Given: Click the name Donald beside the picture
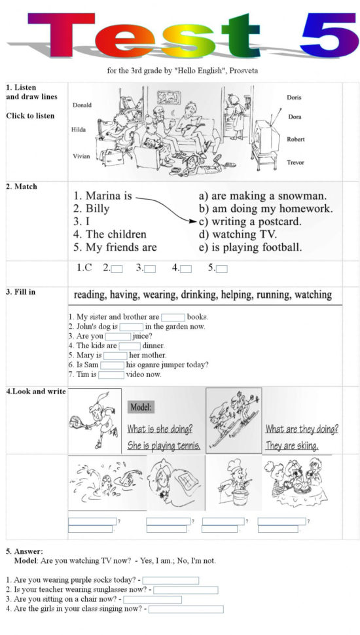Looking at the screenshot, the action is (82, 105).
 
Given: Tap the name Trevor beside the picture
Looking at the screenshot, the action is (295, 162).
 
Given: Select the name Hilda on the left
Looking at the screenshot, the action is (79, 130).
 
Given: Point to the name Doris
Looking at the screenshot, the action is (294, 98).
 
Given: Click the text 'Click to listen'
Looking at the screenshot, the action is (30, 116).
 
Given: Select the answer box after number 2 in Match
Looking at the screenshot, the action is (117, 268).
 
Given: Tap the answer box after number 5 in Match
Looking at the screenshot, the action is (221, 268).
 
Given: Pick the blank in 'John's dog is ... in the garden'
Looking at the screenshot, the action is (131, 327).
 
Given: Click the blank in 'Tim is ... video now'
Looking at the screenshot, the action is (111, 375).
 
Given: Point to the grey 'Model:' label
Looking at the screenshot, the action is (141, 407).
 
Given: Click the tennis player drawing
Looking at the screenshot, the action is (94, 419).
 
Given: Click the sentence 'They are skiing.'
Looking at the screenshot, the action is (291, 446).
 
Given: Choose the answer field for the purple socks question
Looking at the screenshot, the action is (170, 580).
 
